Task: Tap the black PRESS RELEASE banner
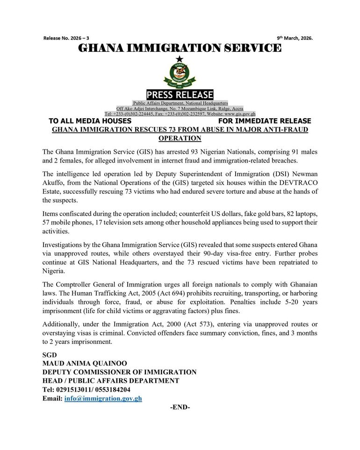(x=180, y=95)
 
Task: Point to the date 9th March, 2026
(x=295, y=38)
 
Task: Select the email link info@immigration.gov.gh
(x=103, y=399)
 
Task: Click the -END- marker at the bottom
(x=180, y=407)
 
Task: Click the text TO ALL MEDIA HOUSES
(x=90, y=121)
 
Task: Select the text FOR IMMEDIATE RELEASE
(x=265, y=121)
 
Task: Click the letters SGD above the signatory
(x=50, y=355)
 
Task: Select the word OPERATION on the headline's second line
(x=180, y=138)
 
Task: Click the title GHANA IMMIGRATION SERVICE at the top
(x=180, y=48)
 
